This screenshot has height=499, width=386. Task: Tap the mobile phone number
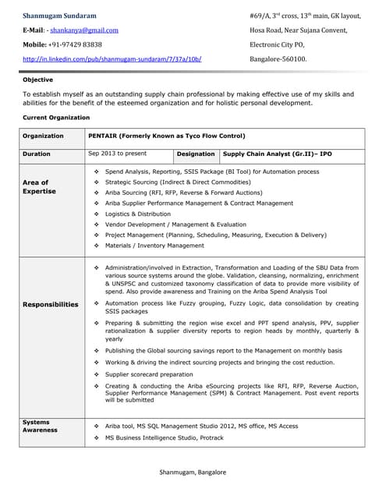point(78,44)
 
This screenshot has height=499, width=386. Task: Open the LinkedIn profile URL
point(112,59)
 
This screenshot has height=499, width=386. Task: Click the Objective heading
point(38,80)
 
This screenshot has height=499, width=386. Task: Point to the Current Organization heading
point(56,117)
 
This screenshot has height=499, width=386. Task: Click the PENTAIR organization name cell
point(167,136)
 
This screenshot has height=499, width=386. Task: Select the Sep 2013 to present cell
point(118,154)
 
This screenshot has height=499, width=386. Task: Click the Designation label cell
point(196,154)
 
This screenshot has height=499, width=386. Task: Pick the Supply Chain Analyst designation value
point(277,154)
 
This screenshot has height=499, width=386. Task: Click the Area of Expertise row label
point(40,186)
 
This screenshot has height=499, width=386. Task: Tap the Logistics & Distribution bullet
point(137,214)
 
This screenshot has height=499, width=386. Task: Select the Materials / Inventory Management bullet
point(154,246)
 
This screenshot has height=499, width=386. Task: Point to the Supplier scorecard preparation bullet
point(148,374)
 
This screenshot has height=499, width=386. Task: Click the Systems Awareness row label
point(40,426)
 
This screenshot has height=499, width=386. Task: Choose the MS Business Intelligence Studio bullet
point(164,437)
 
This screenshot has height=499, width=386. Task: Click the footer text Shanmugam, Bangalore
point(193,472)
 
